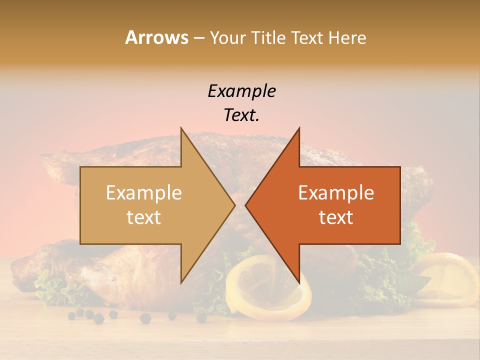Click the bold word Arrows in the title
[x=156, y=37]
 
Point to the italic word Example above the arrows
[x=241, y=91]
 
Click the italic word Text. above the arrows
[x=241, y=115]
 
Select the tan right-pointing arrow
[x=150, y=205]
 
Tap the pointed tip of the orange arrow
[x=246, y=205]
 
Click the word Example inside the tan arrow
[x=144, y=193]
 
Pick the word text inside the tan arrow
[x=144, y=217]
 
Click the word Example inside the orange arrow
[x=336, y=193]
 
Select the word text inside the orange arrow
[x=336, y=217]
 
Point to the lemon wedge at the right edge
[x=450, y=277]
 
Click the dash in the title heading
[x=198, y=38]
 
